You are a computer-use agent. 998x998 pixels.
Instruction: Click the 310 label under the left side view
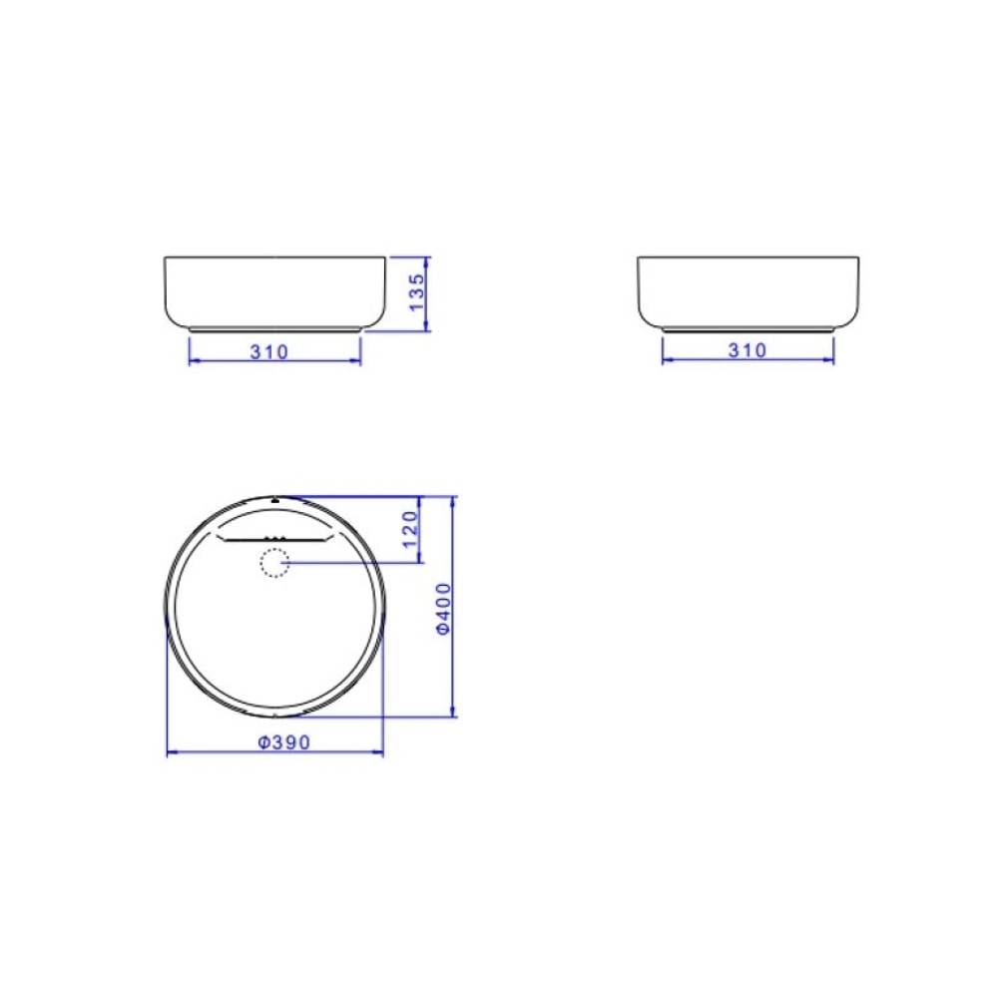tap(269, 351)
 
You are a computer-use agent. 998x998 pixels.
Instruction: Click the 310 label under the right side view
tap(748, 350)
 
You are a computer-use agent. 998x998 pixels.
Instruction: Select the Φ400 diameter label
tap(445, 609)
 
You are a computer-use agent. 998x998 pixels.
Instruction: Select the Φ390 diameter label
tap(284, 742)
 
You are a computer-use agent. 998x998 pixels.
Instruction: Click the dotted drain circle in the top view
tap(273, 564)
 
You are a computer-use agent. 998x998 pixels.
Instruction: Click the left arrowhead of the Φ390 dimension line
tap(171, 752)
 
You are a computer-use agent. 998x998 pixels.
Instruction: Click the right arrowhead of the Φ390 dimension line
tap(379, 752)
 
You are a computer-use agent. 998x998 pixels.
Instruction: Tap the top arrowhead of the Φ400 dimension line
tap(455, 499)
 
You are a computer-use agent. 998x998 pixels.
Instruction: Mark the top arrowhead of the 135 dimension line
tap(428, 259)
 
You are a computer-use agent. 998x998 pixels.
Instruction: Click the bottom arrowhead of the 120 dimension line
tap(418, 559)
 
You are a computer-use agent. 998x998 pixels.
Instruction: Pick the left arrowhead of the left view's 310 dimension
tap(193, 361)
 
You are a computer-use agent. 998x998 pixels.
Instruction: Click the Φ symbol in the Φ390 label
tap(261, 742)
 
